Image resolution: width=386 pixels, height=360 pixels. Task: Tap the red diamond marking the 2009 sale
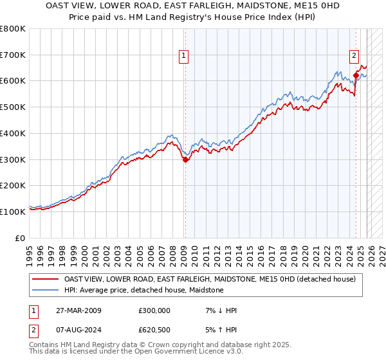coord(185,160)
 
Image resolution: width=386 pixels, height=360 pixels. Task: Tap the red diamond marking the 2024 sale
coord(356,75)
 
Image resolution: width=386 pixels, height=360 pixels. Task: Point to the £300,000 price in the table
coord(154,310)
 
